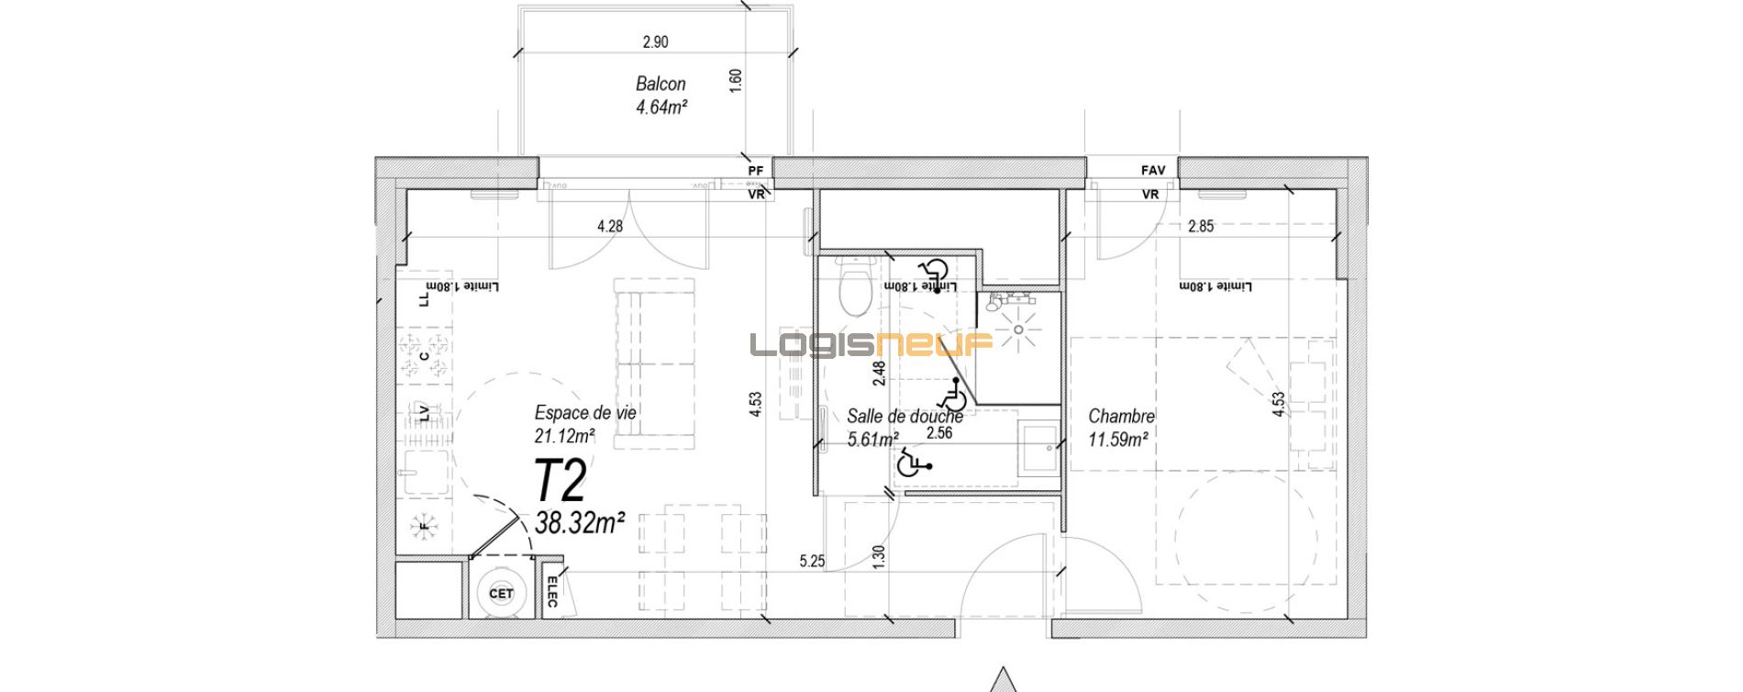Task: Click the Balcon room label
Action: [661, 84]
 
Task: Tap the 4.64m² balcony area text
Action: [661, 106]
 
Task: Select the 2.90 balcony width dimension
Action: [655, 41]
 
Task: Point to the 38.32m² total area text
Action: [580, 523]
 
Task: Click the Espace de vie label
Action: [585, 413]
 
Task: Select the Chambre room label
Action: [1121, 417]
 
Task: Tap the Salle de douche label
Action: [905, 417]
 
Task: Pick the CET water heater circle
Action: [501, 594]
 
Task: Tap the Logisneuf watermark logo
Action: [871, 344]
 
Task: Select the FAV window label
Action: [1153, 171]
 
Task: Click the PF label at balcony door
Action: [756, 171]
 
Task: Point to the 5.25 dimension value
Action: [813, 561]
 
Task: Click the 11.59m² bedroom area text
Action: [1119, 441]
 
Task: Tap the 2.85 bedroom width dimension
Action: [1200, 226]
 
